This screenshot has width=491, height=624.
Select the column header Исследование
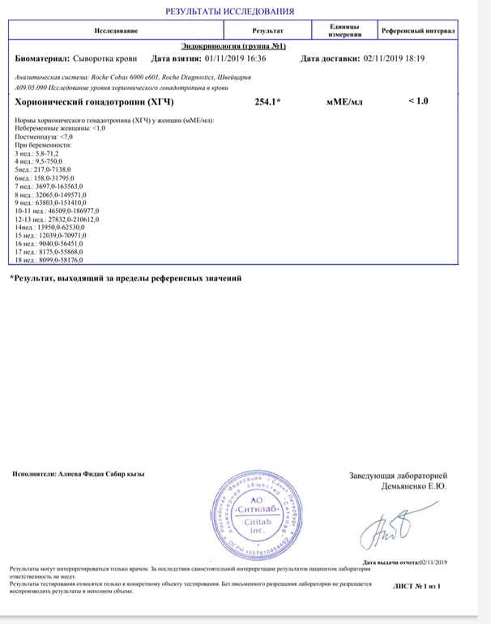(x=116, y=31)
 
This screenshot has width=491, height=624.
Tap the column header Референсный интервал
(x=418, y=31)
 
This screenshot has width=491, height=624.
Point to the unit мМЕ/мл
(x=344, y=102)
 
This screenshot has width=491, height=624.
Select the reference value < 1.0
(x=417, y=100)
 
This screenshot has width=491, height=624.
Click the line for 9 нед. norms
(x=51, y=204)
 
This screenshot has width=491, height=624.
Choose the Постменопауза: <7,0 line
(x=45, y=138)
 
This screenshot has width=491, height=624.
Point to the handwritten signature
(x=395, y=528)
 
